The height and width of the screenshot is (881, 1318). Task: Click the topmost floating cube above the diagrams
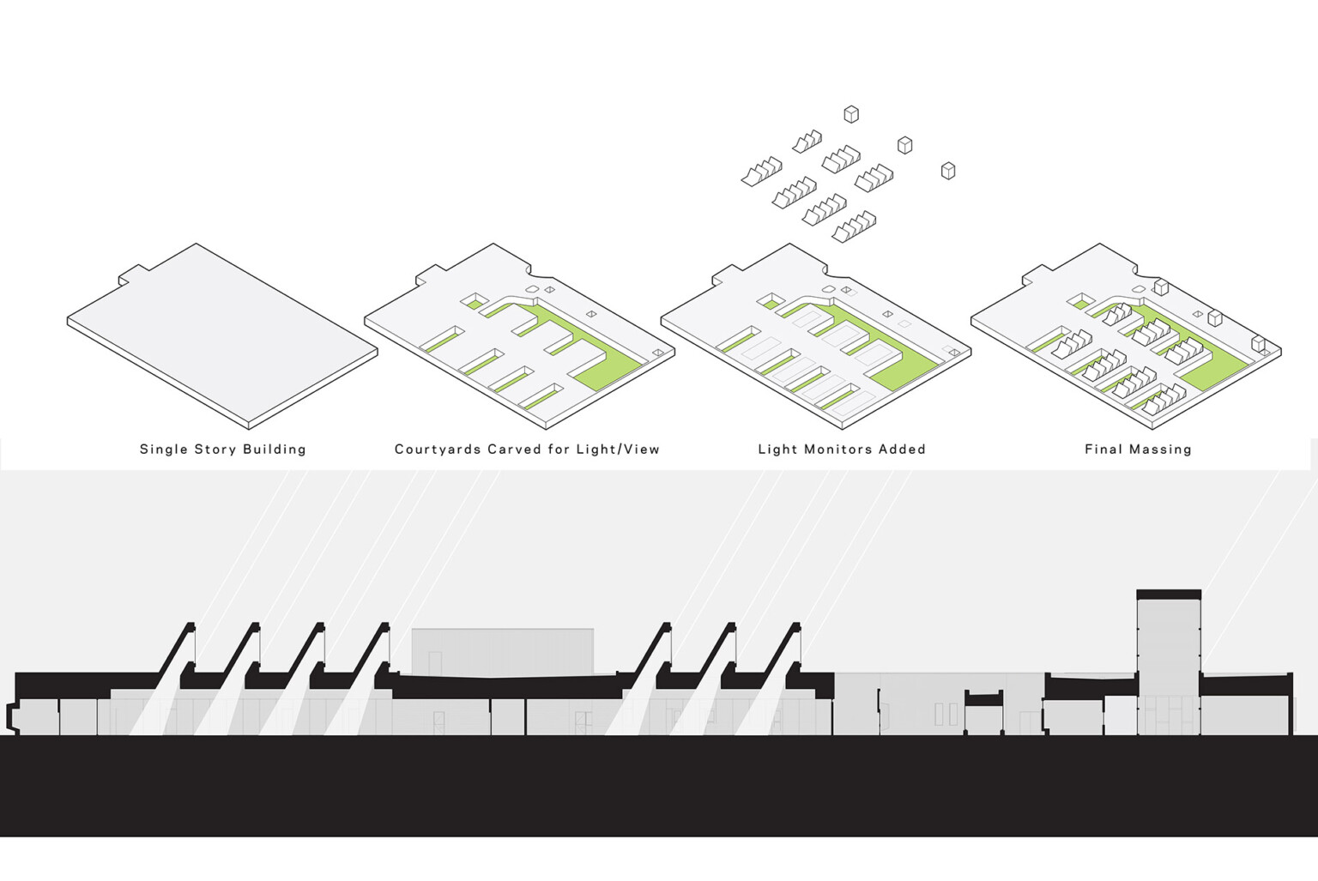tap(851, 114)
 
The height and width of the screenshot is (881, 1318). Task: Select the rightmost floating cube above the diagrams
tap(948, 171)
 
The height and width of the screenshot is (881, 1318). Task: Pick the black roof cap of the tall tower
tap(1169, 594)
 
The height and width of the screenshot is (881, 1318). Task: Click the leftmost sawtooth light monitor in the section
tap(177, 654)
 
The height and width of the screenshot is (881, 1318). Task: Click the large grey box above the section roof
tap(503, 652)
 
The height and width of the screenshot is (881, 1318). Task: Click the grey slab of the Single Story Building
tap(222, 335)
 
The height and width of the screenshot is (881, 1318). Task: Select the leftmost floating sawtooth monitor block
tap(761, 172)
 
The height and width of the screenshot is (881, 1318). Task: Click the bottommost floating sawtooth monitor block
tap(854, 227)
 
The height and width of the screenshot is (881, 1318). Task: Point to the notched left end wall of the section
tap(11, 717)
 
